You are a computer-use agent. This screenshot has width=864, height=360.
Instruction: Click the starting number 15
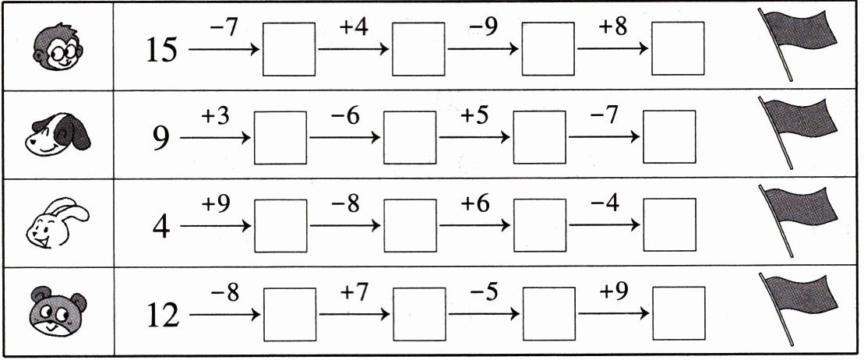tap(162, 51)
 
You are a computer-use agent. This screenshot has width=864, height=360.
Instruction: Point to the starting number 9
tap(161, 139)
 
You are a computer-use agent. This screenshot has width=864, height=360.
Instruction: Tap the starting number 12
tap(162, 316)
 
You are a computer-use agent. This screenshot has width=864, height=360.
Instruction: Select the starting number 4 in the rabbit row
tap(161, 228)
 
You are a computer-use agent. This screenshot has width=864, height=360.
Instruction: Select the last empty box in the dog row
tap(669, 137)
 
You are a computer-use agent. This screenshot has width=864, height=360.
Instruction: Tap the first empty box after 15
tap(289, 49)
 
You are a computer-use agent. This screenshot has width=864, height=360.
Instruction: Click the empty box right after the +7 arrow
tap(419, 314)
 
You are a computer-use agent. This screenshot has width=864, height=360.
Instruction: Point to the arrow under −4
tap(605, 226)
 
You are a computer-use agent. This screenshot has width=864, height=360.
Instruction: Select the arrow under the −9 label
tap(484, 49)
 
